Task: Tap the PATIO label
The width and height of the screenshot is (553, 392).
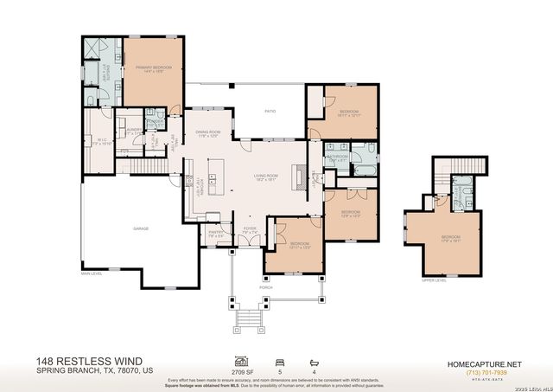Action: [269, 110]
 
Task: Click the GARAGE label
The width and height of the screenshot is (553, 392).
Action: [140, 228]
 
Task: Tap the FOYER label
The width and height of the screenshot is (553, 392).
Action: [249, 231]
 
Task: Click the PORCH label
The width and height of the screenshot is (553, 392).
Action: [266, 286]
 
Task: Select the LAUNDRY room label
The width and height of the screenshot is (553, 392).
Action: [134, 131]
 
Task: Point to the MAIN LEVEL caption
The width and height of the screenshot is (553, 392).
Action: [92, 274]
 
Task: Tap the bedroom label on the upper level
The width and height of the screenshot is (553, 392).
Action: [451, 238]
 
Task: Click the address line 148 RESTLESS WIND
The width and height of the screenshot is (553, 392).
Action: [85, 361]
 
